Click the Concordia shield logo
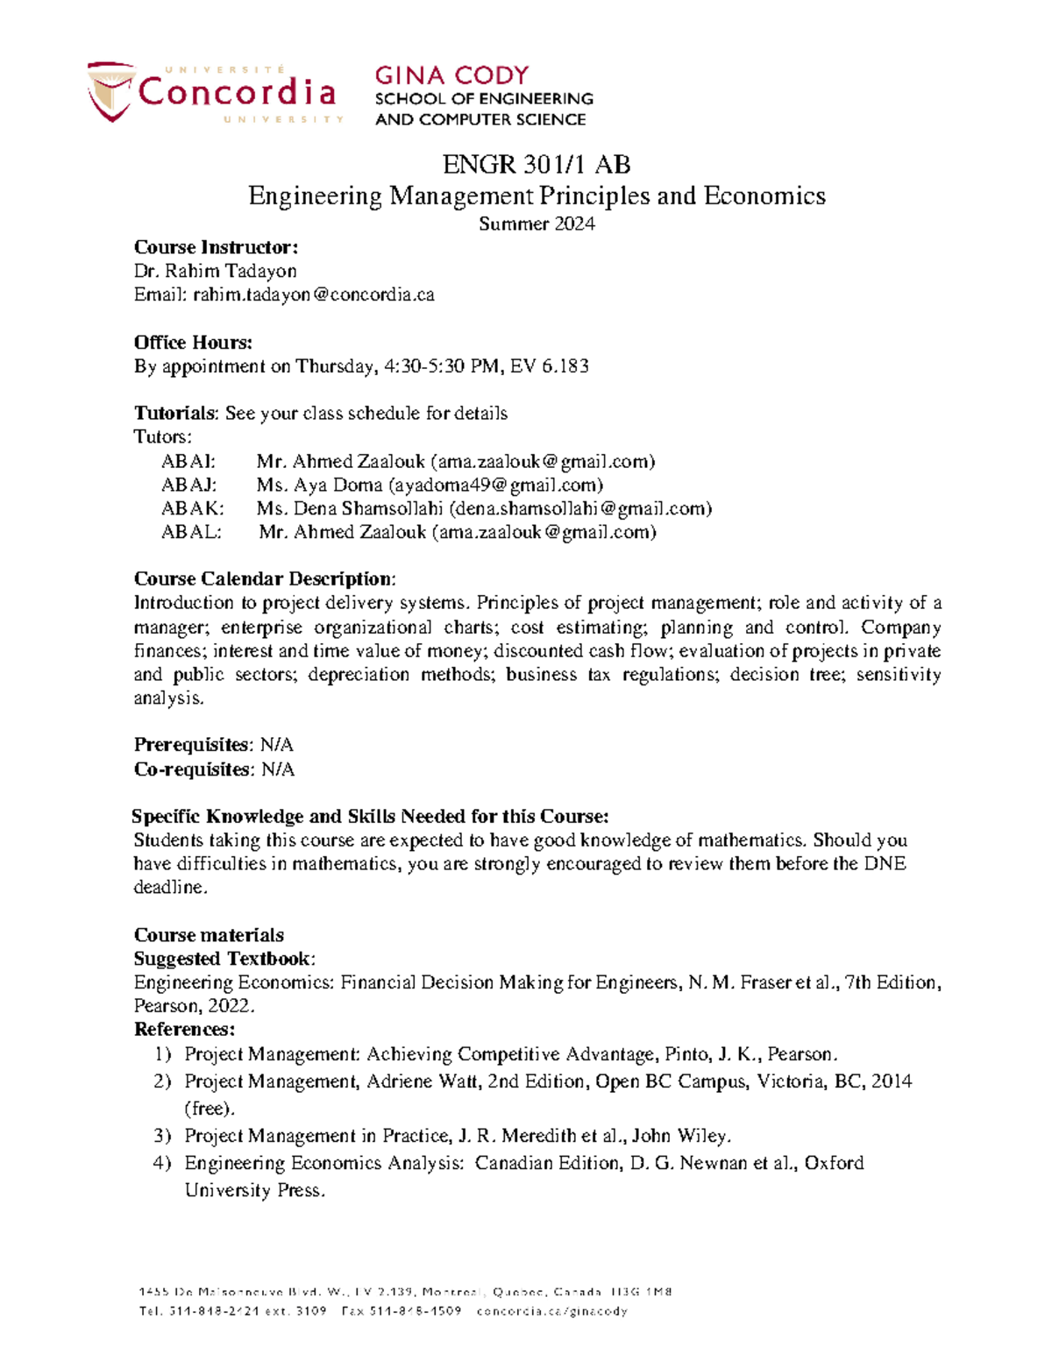pyautogui.click(x=110, y=91)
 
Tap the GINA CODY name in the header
pyautogui.click(x=451, y=75)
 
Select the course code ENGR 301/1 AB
pyautogui.click(x=536, y=165)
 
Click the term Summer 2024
pyautogui.click(x=537, y=223)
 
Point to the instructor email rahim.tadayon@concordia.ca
pyautogui.click(x=314, y=295)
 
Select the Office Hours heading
pyautogui.click(x=193, y=343)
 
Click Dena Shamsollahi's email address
pyautogui.click(x=579, y=508)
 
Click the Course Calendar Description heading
pyautogui.click(x=264, y=579)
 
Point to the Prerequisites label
pyautogui.click(x=192, y=745)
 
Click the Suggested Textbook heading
pyautogui.click(x=223, y=959)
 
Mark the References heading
pyautogui.click(x=184, y=1029)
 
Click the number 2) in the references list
pyautogui.click(x=162, y=1081)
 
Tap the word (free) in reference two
pyautogui.click(x=210, y=1109)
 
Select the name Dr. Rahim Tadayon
pyautogui.click(x=215, y=272)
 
